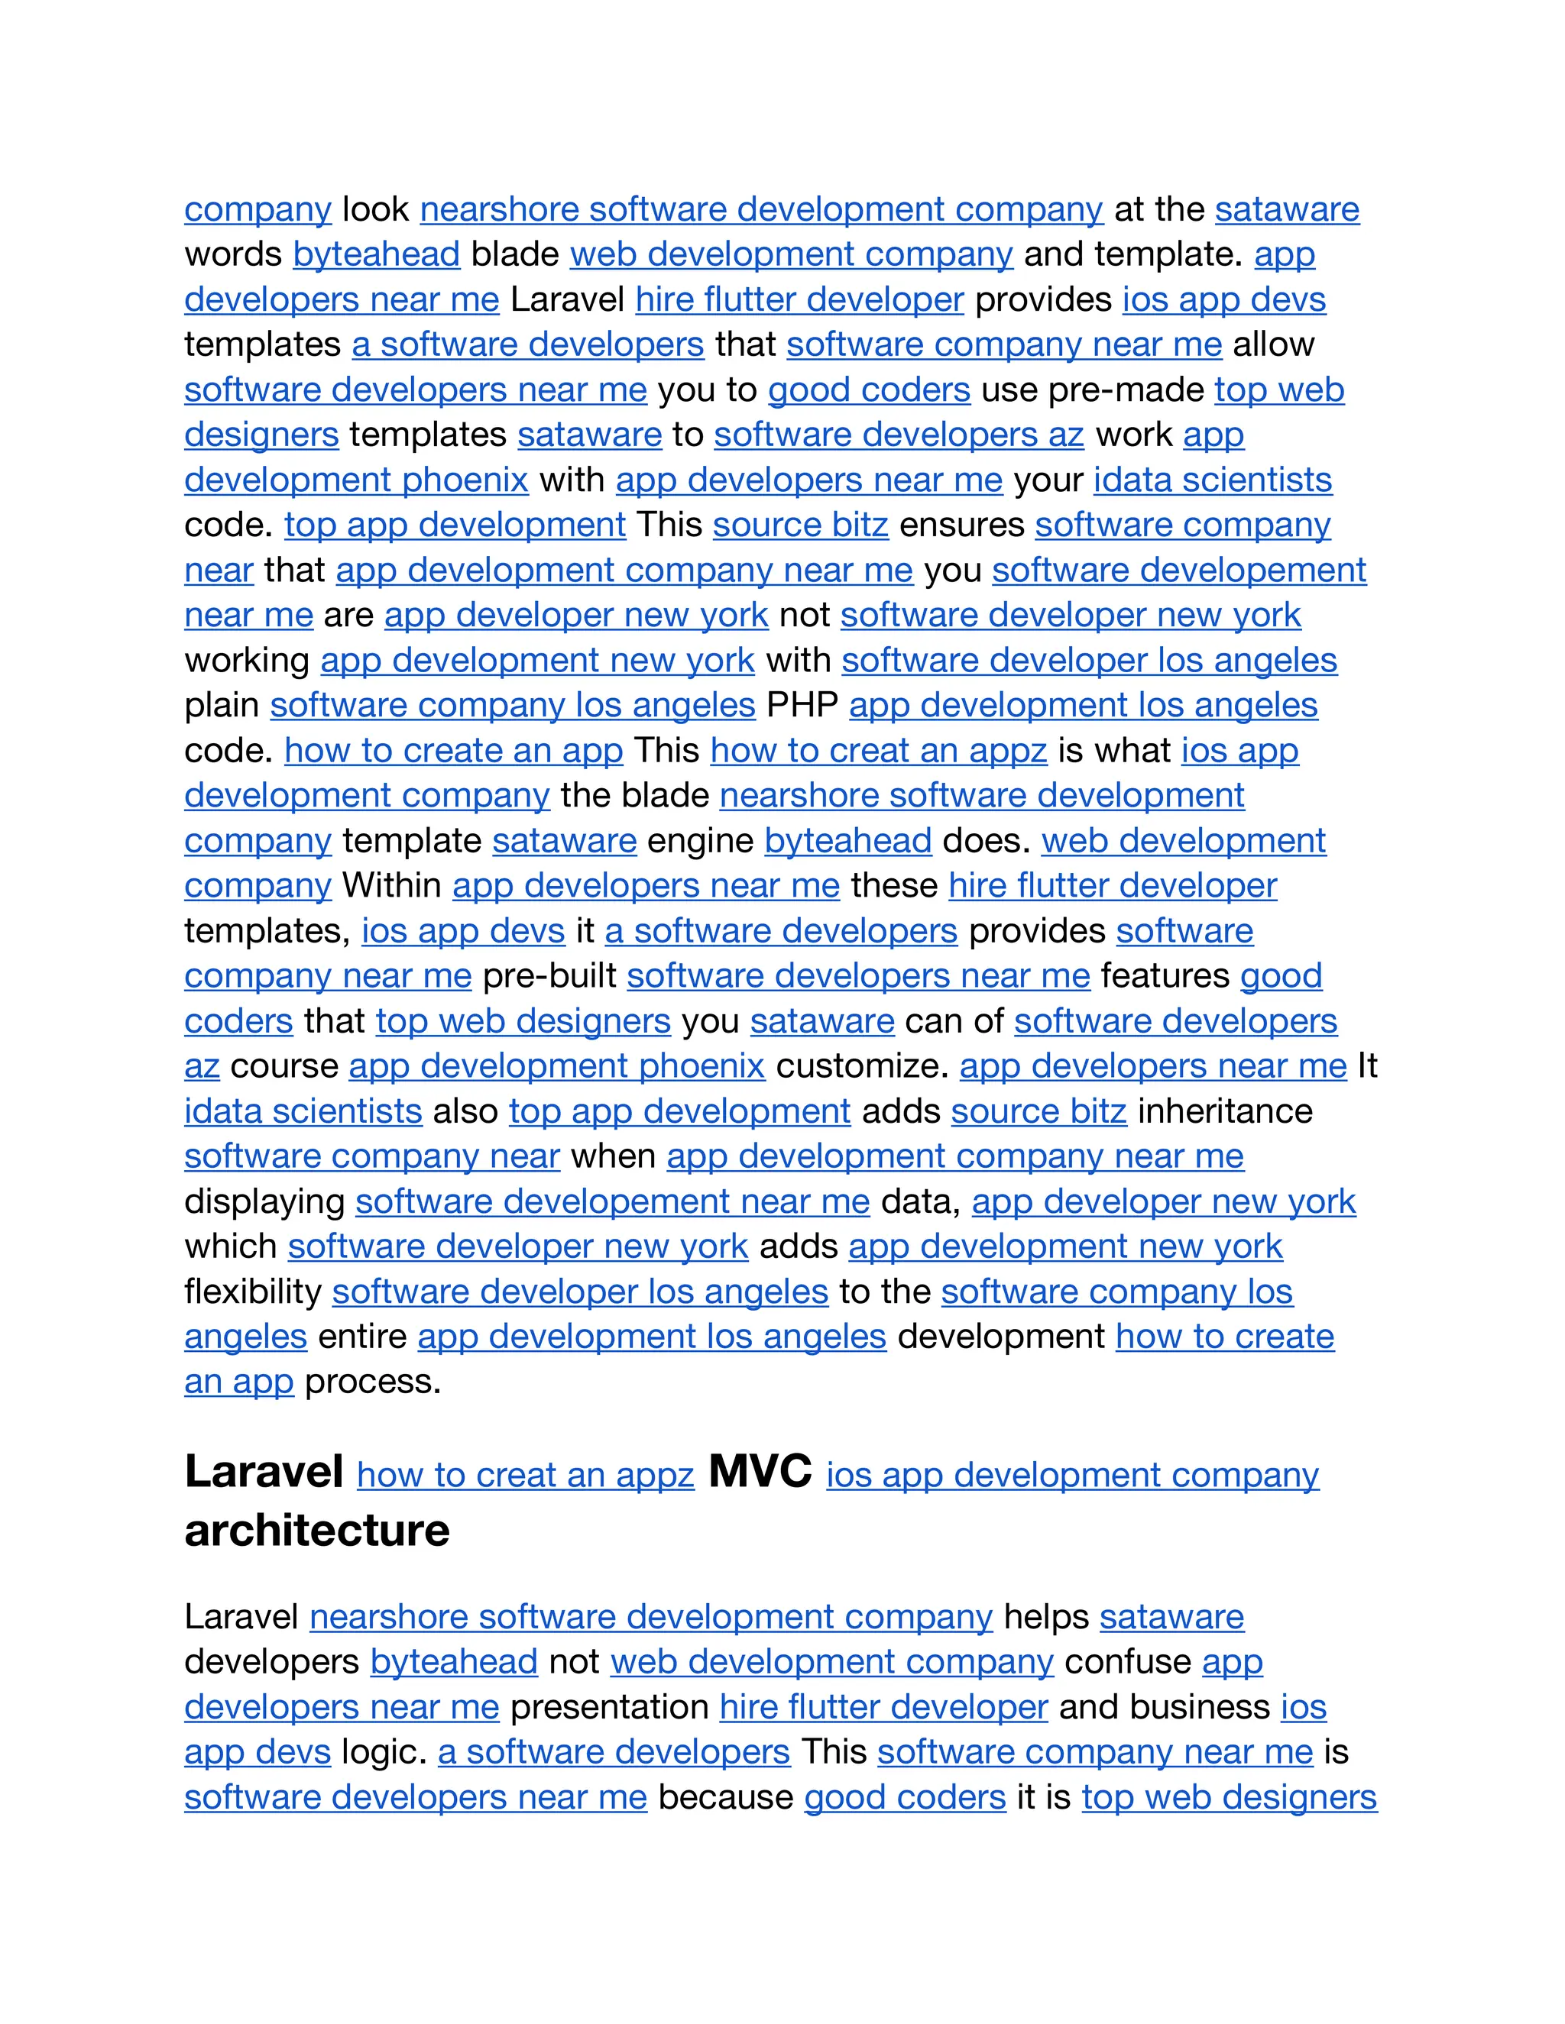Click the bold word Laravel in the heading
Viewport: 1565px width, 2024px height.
[264, 1473]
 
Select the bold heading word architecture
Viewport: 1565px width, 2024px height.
[317, 1531]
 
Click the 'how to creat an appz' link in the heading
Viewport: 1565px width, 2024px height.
[526, 1476]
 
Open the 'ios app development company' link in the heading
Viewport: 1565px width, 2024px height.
[1072, 1476]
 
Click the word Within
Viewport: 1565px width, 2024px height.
[391, 885]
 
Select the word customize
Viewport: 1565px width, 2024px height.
[861, 1065]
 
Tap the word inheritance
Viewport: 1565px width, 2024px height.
[1225, 1111]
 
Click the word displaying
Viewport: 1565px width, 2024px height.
[264, 1202]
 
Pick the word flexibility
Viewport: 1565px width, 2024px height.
[253, 1292]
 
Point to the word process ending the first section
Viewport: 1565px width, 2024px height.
[373, 1382]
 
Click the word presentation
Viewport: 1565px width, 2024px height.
[609, 1707]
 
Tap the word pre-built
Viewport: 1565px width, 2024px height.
[549, 976]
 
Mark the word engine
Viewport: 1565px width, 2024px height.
[700, 841]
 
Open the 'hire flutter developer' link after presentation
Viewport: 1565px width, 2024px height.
[883, 1707]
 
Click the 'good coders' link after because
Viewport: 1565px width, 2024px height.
[905, 1797]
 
